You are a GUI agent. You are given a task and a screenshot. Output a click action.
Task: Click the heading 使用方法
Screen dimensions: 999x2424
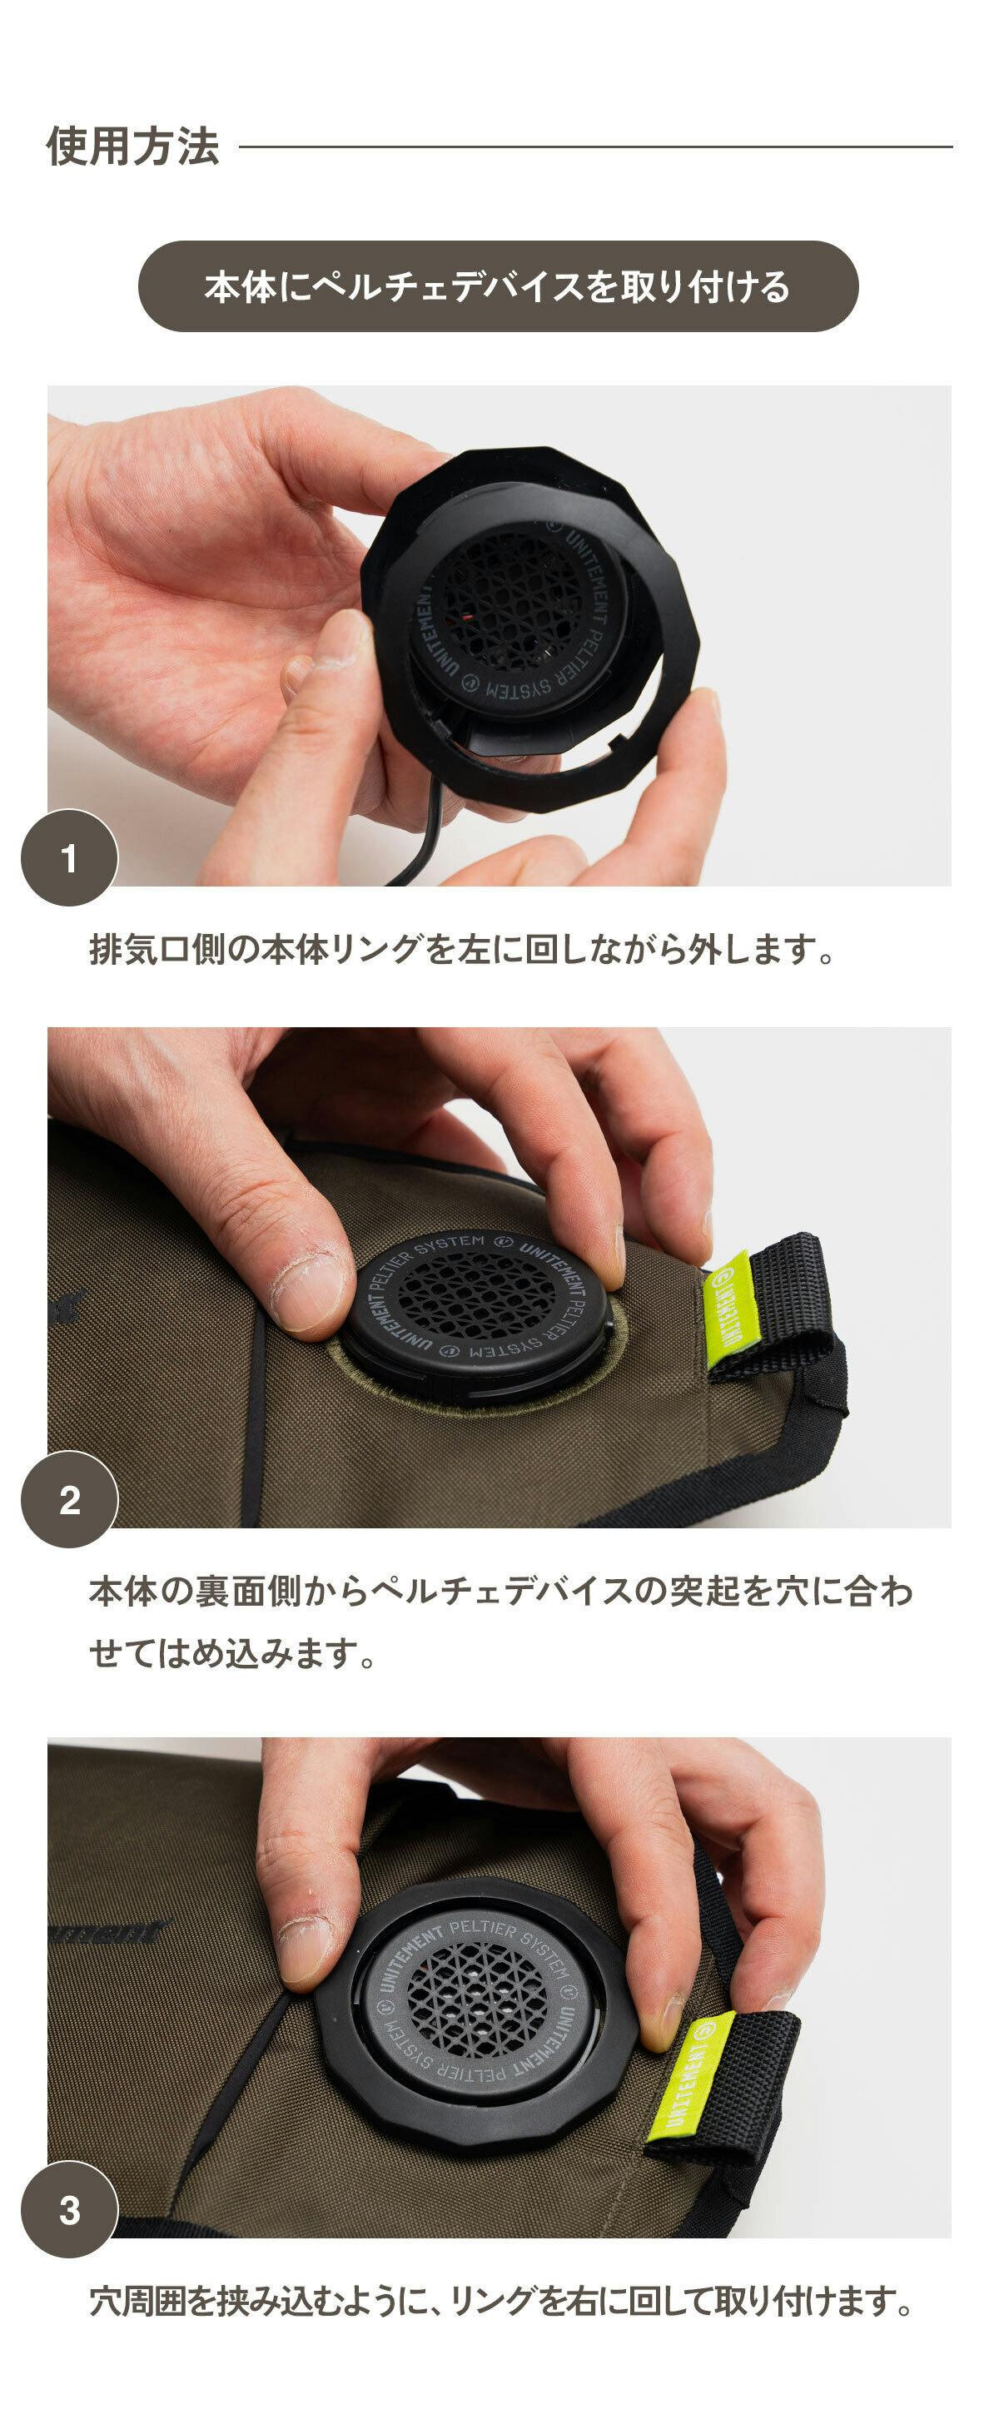[x=132, y=147]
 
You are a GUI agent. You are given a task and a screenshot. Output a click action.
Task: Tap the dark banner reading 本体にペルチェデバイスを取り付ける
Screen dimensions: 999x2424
[x=499, y=286]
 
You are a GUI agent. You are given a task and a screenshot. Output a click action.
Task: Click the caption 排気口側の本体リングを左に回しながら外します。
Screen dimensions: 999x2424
[x=462, y=950]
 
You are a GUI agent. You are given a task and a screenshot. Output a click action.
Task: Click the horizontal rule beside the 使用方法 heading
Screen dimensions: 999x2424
[x=595, y=147]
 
